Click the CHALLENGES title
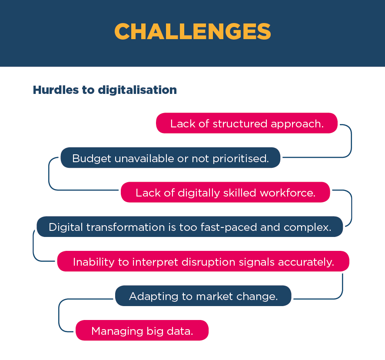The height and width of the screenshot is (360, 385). pos(192,31)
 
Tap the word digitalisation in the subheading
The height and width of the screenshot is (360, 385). pos(137,90)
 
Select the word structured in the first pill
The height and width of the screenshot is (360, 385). pos(240,123)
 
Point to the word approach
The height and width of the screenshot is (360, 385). pos(297,124)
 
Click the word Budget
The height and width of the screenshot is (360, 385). pos(92,159)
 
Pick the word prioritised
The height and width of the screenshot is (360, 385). pos(241,159)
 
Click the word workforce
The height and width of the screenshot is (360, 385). pos(288,193)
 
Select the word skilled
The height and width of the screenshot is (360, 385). pos(240,193)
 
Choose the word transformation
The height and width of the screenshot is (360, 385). pos(126,227)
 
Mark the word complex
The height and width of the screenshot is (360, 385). pos(307,228)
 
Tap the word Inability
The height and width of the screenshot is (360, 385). pos(93,262)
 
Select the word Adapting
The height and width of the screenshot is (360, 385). pos(154,297)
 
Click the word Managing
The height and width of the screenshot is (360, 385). pos(117,331)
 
